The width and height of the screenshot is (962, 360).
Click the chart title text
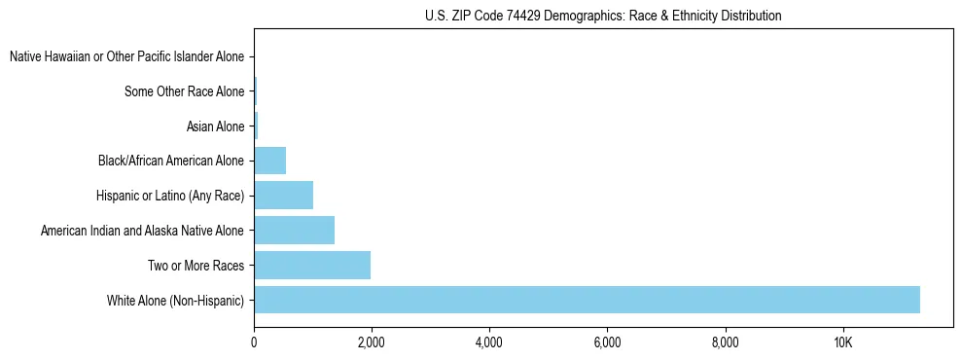(x=603, y=16)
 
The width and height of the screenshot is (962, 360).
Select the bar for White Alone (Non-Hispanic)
(x=587, y=300)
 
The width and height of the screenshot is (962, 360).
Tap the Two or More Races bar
(x=312, y=265)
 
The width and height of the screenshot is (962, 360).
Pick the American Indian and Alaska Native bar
(x=294, y=230)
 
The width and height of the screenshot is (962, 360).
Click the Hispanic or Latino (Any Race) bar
(x=283, y=195)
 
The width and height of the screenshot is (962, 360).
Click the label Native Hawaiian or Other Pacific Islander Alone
(x=127, y=57)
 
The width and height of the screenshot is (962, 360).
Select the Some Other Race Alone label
(x=185, y=92)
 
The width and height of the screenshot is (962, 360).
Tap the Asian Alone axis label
(x=215, y=126)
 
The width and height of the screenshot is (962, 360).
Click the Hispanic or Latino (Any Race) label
(x=170, y=196)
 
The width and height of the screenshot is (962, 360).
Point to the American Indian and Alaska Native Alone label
(x=143, y=231)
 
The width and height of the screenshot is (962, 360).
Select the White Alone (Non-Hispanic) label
(x=175, y=301)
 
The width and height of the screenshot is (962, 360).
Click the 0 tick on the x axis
(x=254, y=342)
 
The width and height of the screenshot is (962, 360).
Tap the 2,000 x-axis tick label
(x=371, y=342)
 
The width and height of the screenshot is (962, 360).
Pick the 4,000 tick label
(x=488, y=342)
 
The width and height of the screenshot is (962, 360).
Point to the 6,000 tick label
(x=607, y=342)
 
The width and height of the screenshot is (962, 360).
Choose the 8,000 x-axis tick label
(x=725, y=342)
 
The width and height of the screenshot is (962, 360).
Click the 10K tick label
(x=842, y=342)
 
